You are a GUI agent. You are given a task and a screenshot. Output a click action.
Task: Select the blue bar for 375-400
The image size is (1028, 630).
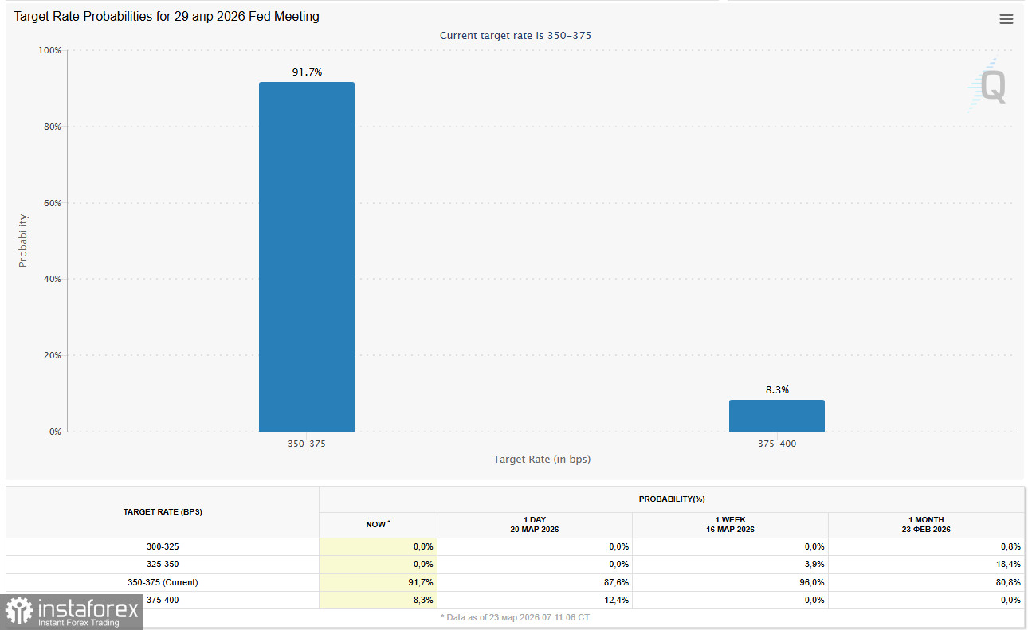[776, 416]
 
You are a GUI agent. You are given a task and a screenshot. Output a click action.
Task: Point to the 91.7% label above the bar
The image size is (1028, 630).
[307, 72]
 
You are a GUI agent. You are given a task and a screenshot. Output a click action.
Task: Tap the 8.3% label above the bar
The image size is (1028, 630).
[777, 390]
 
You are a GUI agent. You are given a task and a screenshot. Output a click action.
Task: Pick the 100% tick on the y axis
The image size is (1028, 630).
[49, 50]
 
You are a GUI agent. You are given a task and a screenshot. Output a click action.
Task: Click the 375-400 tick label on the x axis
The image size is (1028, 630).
[777, 444]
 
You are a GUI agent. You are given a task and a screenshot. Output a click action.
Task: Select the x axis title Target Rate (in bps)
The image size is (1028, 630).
[542, 460]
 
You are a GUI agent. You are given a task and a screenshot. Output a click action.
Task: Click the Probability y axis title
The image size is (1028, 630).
[23, 241]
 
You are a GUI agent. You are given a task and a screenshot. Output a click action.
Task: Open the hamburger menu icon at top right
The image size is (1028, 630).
[1006, 19]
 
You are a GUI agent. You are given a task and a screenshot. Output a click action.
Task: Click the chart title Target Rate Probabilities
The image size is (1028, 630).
[167, 17]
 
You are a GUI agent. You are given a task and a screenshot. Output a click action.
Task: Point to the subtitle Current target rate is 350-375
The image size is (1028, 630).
[516, 36]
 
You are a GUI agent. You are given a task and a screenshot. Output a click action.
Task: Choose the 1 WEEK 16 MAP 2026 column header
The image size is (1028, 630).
[730, 524]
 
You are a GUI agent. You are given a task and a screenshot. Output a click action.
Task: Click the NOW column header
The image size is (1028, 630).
[378, 524]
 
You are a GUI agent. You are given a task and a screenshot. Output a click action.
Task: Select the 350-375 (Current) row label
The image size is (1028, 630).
[163, 582]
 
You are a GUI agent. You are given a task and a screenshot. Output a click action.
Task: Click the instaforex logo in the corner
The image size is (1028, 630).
[72, 612]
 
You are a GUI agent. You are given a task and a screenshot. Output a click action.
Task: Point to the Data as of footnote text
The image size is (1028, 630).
[515, 617]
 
